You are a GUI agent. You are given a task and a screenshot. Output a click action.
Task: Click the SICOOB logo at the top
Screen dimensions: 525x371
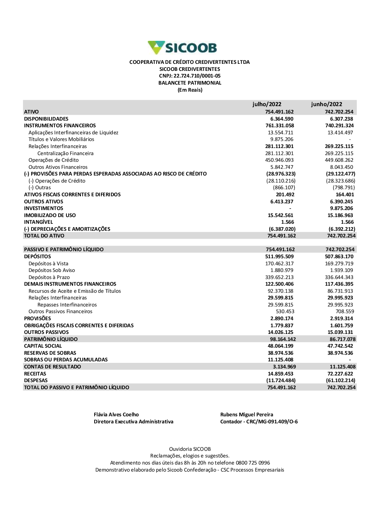pyautogui.click(x=182, y=48)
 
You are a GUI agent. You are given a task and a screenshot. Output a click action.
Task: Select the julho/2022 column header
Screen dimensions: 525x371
pyautogui.click(x=267, y=104)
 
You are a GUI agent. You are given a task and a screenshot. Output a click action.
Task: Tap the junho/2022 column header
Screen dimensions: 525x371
pyautogui.click(x=326, y=104)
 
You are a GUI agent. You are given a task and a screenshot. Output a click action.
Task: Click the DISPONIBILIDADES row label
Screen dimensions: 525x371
pyautogui.click(x=46, y=119)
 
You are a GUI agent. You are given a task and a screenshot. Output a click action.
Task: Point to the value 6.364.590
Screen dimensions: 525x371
pyautogui.click(x=282, y=119)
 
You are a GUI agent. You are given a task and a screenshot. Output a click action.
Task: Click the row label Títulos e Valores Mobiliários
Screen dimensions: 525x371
pyautogui.click(x=61, y=139)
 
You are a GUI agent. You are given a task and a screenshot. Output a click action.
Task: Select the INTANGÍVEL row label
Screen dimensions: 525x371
pyautogui.click(x=39, y=222)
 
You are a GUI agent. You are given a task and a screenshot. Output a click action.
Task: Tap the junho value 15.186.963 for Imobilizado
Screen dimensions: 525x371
pyautogui.click(x=340, y=215)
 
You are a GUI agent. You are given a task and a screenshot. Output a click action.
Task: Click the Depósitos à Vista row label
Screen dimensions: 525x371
pyautogui.click(x=48, y=263)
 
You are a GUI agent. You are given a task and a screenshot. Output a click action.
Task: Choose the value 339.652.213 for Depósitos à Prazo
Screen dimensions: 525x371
pyautogui.click(x=279, y=277)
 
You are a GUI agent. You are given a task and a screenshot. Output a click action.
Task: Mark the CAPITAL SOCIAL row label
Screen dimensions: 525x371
pyautogui.click(x=43, y=346)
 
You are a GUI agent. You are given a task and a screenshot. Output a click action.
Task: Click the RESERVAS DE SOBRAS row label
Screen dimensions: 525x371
pyautogui.click(x=50, y=353)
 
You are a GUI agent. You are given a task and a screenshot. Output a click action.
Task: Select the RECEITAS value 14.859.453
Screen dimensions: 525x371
pyautogui.click(x=280, y=374)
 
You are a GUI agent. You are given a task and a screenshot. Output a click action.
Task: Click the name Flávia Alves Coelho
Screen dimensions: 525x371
pyautogui.click(x=116, y=414)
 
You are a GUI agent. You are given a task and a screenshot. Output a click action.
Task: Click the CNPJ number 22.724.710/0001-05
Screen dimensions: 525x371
pyautogui.click(x=197, y=76)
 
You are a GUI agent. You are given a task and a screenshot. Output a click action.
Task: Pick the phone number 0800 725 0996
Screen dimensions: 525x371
pyautogui.click(x=253, y=463)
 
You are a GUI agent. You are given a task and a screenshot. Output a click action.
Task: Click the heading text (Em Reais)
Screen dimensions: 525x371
pyautogui.click(x=190, y=90)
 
